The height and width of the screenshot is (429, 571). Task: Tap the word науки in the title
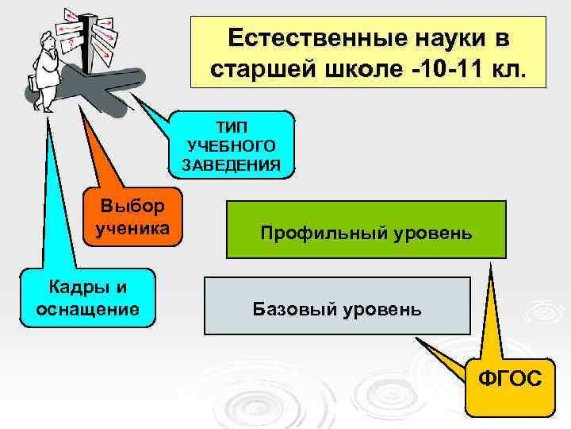pyautogui.click(x=443, y=39)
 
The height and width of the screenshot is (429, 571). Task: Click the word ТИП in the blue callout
pyautogui.click(x=232, y=128)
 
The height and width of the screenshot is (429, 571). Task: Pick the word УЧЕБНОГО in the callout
pyautogui.click(x=232, y=146)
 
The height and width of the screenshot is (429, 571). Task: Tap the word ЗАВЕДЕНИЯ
pyautogui.click(x=232, y=164)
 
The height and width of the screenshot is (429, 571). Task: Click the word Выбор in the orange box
pyautogui.click(x=132, y=207)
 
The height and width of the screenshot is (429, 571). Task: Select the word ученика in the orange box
pyautogui.click(x=132, y=229)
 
